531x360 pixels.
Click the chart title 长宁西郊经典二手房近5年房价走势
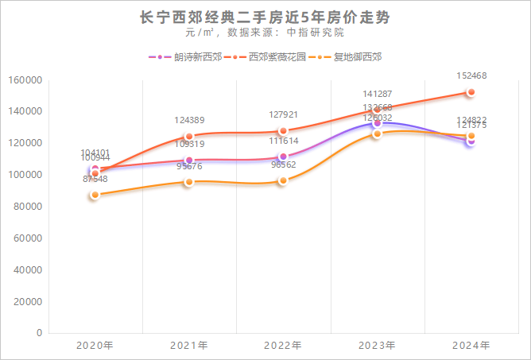pos(265,17)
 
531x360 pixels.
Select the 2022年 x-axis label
pos(283,346)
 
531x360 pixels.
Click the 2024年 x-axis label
pos(471,346)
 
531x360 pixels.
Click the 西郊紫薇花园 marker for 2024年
pos(471,92)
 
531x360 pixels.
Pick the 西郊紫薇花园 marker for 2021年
pos(189,137)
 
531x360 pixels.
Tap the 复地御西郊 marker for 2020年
pos(95,195)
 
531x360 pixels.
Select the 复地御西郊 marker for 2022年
pos(283,180)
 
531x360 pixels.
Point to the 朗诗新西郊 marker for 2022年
pos(283,157)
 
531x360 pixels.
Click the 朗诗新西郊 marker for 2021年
pos(189,161)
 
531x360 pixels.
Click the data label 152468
pos(471,76)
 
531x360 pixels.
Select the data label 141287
pos(377,94)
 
